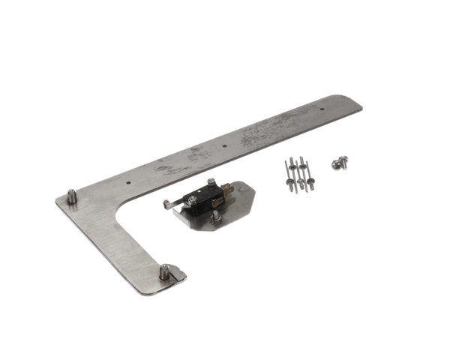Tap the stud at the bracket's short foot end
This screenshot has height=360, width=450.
(163, 271)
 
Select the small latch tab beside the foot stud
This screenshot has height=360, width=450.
(178, 275)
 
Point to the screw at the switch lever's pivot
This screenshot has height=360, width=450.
(193, 199)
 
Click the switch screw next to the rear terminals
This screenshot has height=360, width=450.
(211, 182)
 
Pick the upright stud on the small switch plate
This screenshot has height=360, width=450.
(215, 216)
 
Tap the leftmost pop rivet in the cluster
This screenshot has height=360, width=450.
(289, 174)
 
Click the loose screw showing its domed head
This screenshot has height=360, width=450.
(334, 161)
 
